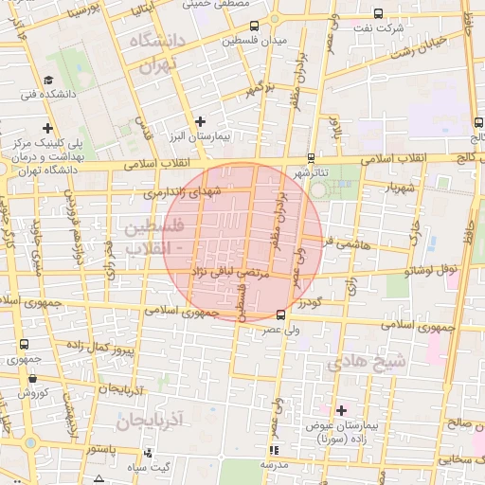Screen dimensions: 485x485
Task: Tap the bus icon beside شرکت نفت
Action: point(379,13)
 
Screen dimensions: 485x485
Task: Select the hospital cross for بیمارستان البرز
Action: point(200,121)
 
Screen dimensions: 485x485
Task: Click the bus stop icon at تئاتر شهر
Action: point(312,159)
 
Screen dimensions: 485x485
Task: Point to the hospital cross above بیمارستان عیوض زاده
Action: point(341,409)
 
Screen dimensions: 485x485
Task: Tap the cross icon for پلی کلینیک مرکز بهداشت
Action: point(47,128)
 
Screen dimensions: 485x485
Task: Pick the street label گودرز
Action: point(311,302)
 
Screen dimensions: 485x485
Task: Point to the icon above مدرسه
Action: point(274,450)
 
